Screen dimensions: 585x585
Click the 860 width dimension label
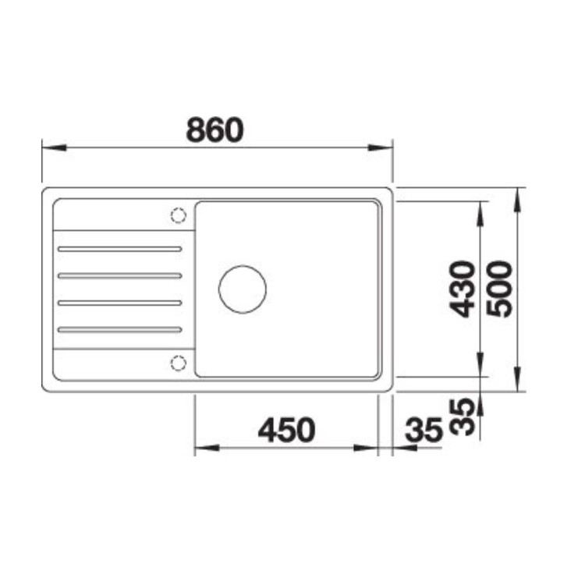pos(214,129)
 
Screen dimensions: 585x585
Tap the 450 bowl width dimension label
pos(286,430)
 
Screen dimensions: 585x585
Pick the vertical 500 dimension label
pos(499,289)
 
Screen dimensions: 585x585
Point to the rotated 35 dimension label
pos(463,417)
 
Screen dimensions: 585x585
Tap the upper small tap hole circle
pos(178,214)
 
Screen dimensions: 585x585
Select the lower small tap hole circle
pos(178,362)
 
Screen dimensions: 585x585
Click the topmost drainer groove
pos(119,249)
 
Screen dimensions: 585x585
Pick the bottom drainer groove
pos(119,329)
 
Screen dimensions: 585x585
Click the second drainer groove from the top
pos(119,275)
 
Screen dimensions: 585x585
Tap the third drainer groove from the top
pos(119,302)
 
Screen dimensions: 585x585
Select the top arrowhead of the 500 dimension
pos(519,196)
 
